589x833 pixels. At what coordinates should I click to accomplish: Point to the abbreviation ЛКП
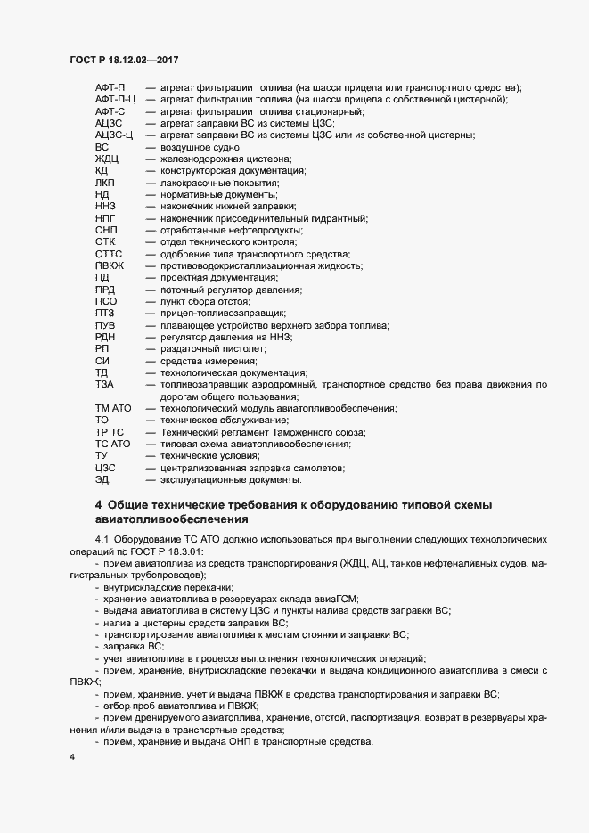click(105, 182)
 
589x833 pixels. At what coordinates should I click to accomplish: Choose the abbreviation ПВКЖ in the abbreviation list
click(109, 265)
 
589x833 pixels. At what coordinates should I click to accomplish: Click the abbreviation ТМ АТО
click(112, 408)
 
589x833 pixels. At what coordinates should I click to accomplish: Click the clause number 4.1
click(101, 541)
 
